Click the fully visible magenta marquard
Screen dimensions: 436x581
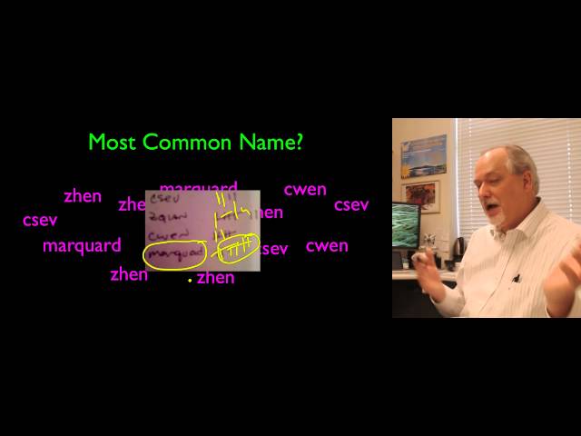82,245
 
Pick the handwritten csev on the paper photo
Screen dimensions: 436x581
168,198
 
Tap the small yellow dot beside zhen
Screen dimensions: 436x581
189,281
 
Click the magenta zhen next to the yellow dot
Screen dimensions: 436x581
216,278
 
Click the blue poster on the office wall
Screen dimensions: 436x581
424,155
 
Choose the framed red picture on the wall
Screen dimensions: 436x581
420,193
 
